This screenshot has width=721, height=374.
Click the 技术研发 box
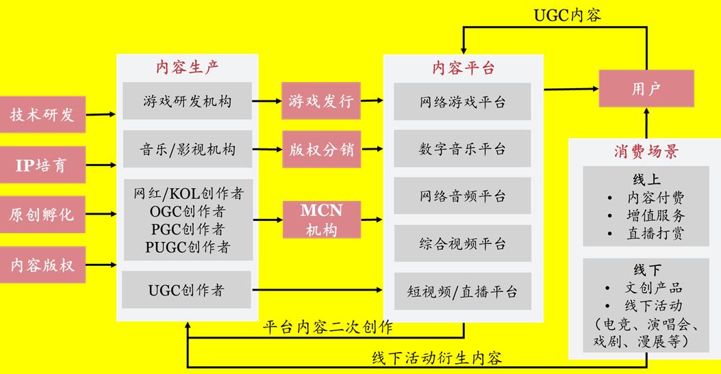coord(42,115)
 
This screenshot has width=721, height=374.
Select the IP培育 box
coord(42,165)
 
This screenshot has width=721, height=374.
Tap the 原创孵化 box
coord(42,215)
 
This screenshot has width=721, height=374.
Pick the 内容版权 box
coord(42,265)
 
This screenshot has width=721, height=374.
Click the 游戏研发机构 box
coord(187,101)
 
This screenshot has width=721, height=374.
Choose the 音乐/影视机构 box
coord(187,149)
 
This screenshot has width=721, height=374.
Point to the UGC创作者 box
coord(187,290)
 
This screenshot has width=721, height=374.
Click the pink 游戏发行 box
coord(320,101)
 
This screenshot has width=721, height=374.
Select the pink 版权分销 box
coord(320,149)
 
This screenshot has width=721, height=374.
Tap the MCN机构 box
coord(320,219)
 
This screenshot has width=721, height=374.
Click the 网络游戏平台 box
coord(463,102)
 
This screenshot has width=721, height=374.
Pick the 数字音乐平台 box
coord(463,148)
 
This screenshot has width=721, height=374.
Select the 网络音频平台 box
coord(463,196)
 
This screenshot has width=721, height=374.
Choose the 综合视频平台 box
coord(463,243)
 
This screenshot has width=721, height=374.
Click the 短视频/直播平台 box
coord(463,292)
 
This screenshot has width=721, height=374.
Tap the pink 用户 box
coord(646,88)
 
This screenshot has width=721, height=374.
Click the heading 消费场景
coord(646,152)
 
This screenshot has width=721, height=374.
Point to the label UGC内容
coord(568,15)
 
